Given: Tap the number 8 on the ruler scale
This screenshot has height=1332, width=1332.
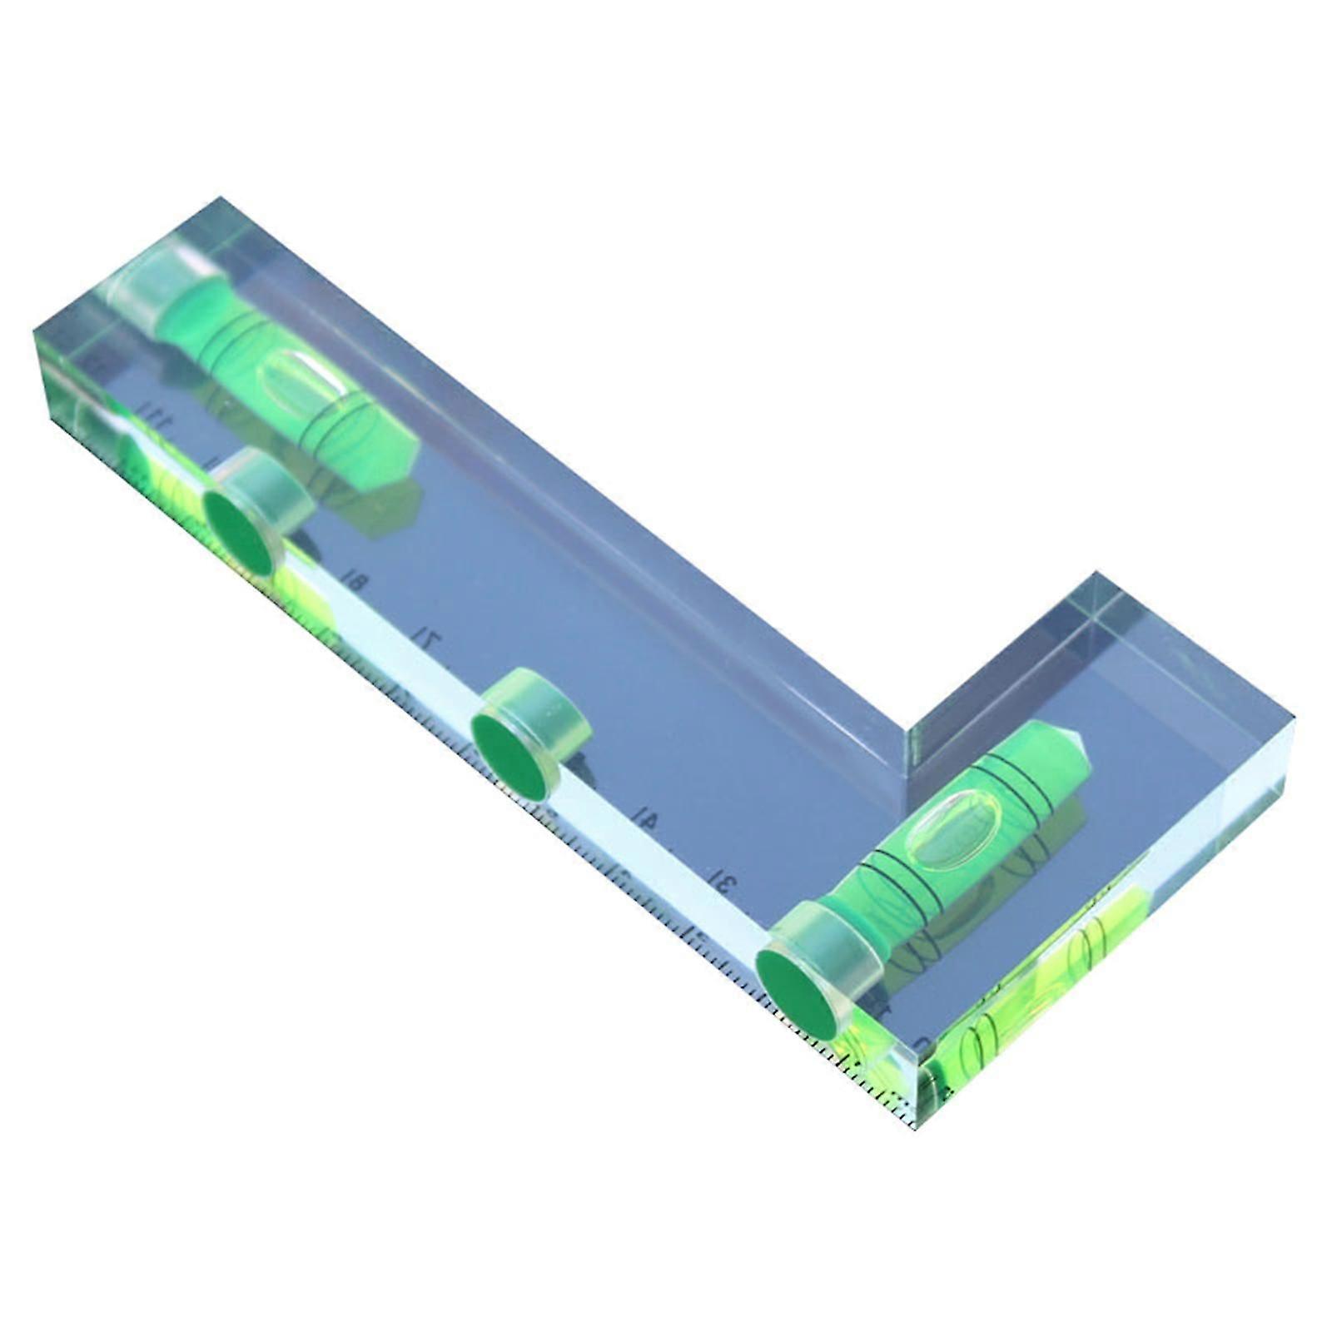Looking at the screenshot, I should coord(355,581).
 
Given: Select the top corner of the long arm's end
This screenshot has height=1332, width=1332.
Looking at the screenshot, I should coord(221,198).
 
